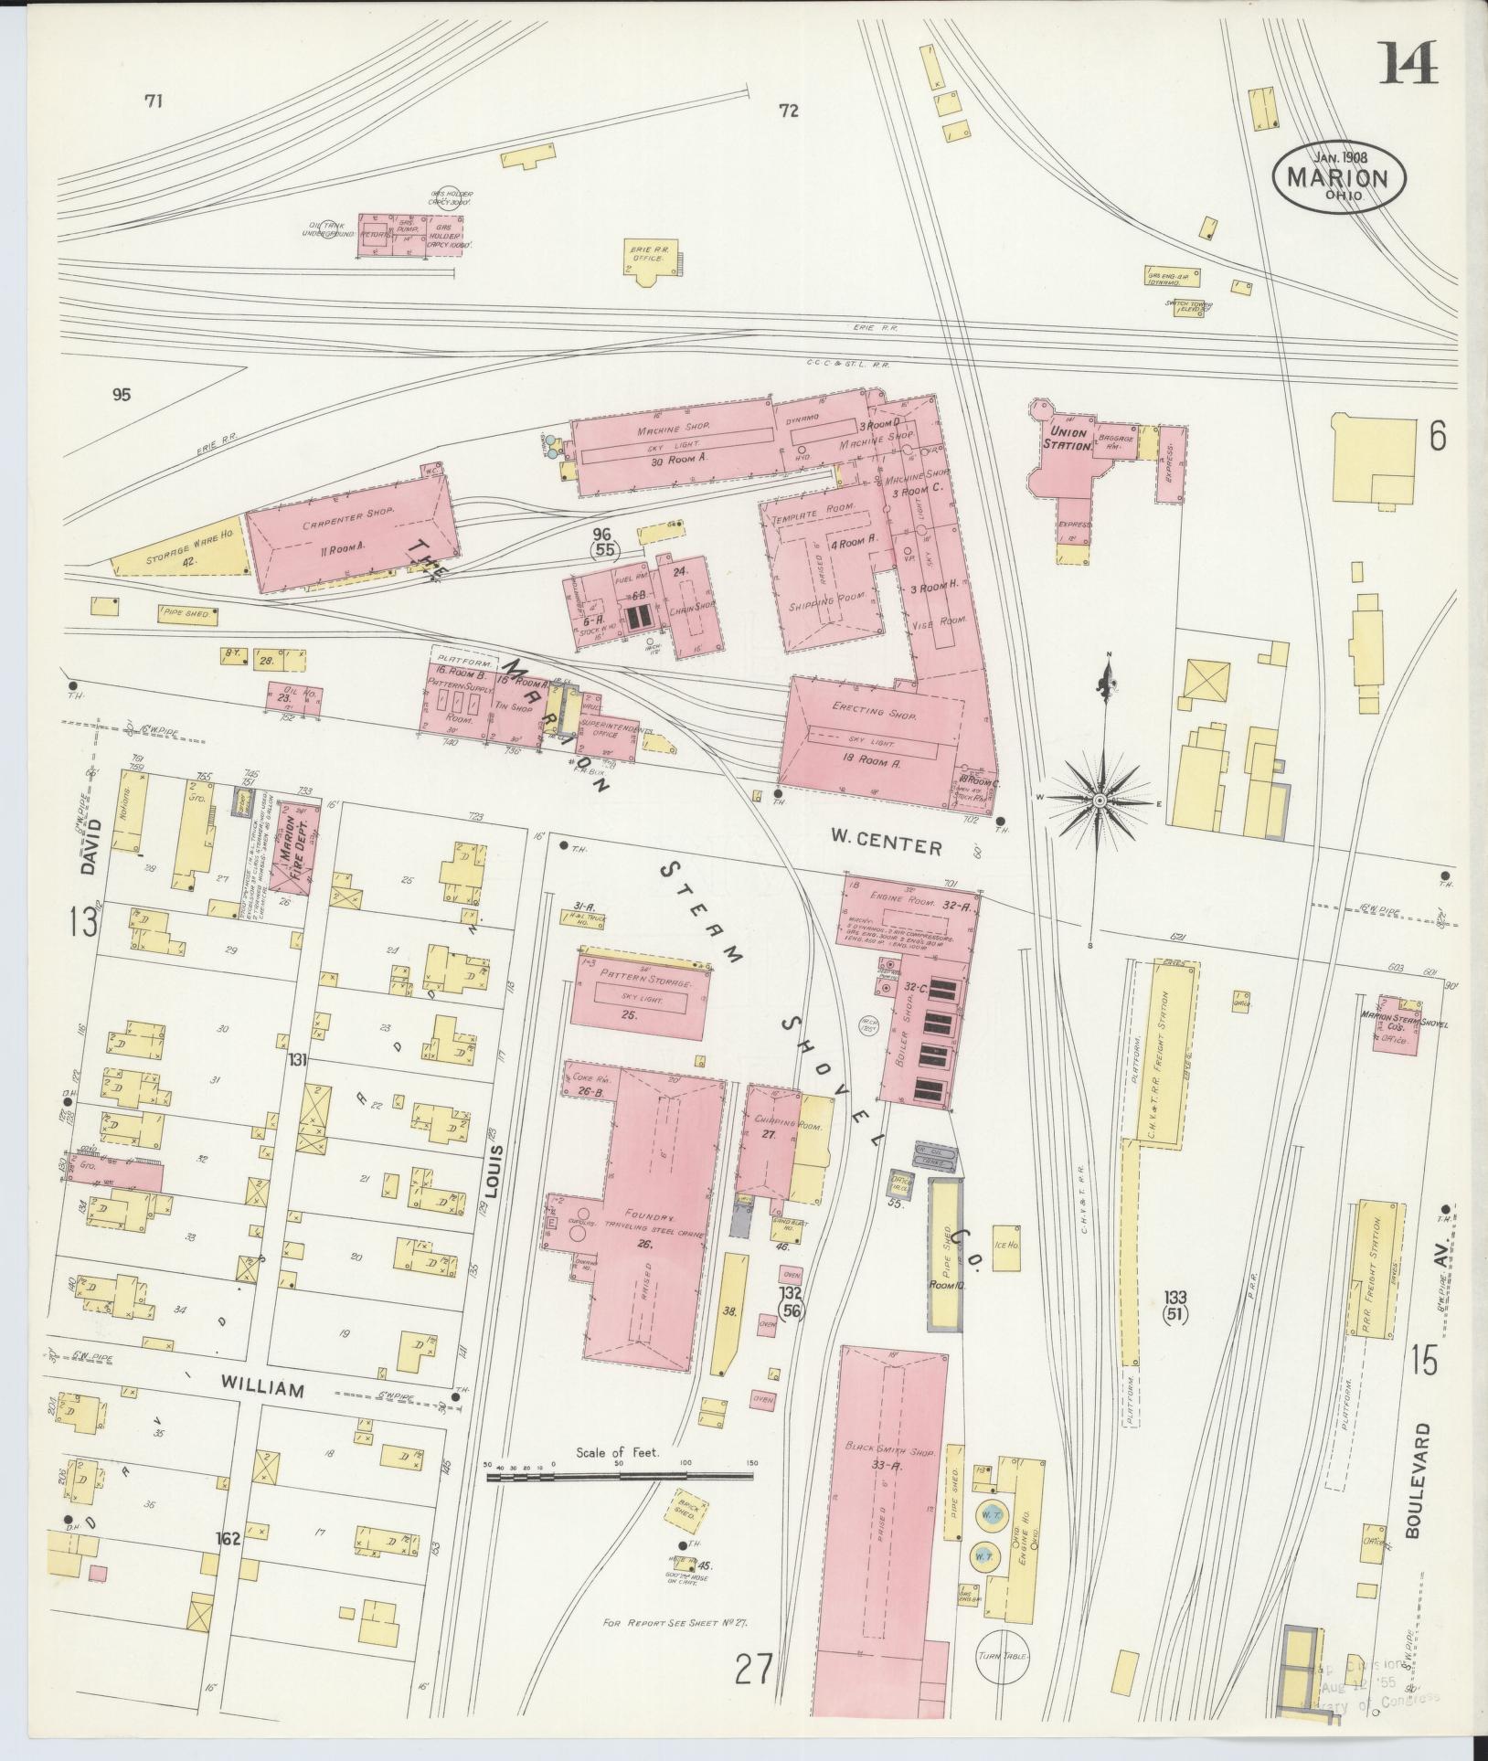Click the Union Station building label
tap(1068, 439)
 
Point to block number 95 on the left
tap(122, 395)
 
